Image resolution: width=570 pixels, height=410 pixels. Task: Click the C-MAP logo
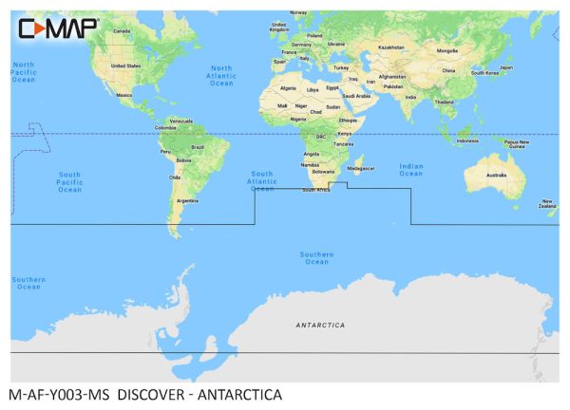(x=58, y=28)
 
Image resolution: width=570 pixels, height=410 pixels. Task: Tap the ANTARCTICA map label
(x=320, y=325)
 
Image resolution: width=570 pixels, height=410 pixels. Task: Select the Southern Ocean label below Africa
(x=316, y=257)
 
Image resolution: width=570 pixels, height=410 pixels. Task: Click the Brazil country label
(x=198, y=147)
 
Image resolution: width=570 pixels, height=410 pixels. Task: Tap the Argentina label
(x=187, y=200)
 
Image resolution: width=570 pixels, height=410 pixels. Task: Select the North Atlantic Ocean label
(x=220, y=76)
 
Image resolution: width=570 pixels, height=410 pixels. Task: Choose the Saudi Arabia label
(x=355, y=96)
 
